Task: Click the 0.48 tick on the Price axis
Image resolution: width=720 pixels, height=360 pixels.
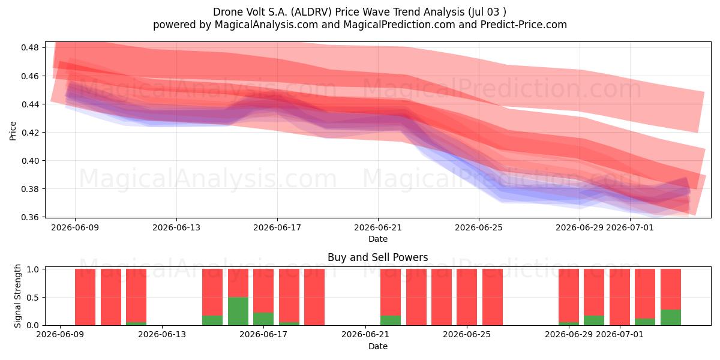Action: (30, 47)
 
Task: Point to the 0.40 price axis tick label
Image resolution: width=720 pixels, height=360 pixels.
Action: (30, 161)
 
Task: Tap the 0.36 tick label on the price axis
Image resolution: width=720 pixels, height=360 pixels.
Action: (30, 217)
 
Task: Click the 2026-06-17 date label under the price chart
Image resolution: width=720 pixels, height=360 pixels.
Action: (277, 227)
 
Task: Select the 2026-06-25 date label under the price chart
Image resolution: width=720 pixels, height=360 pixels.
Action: (479, 227)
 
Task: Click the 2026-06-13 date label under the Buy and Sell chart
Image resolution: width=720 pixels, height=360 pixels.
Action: (162, 334)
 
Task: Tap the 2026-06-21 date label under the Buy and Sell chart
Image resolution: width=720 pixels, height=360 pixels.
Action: (365, 334)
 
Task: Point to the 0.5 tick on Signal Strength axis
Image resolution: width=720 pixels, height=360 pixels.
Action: (33, 298)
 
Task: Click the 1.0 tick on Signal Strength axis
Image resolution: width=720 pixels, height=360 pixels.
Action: (33, 269)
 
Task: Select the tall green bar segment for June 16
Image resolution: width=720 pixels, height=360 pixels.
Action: (238, 311)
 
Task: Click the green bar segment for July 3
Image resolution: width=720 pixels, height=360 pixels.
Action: (671, 317)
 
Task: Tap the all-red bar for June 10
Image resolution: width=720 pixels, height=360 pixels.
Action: (85, 297)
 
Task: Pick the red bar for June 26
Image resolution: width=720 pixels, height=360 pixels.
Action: (493, 297)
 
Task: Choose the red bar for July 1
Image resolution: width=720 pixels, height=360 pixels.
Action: (620, 297)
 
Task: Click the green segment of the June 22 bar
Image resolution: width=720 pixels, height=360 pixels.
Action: (391, 320)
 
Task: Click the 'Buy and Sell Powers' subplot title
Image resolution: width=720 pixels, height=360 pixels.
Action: (377, 257)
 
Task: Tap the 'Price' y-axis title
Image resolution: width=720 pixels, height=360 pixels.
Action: (13, 131)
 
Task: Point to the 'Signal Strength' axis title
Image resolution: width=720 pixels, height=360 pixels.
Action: (17, 296)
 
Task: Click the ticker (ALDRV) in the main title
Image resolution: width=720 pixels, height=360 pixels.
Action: (311, 12)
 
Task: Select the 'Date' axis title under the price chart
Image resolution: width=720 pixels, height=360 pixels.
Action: (378, 239)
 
